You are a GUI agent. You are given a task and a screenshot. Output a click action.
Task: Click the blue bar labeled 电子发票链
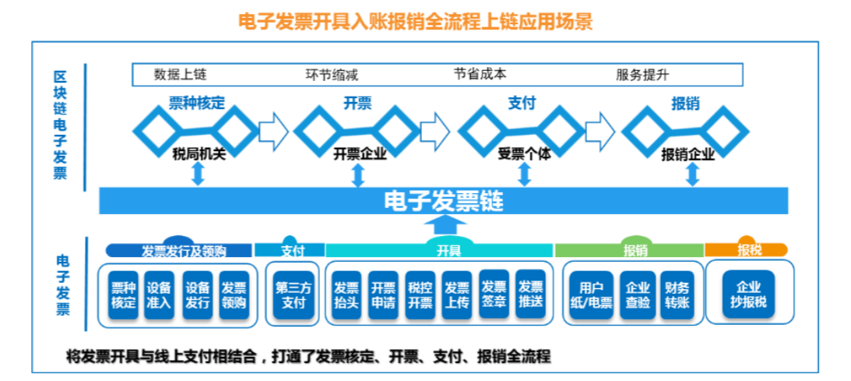coord(444,202)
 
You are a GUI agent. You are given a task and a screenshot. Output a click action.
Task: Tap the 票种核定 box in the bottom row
coord(123,295)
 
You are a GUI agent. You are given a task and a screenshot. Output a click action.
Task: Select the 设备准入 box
coord(160,295)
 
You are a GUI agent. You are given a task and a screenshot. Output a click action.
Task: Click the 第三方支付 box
coord(294,295)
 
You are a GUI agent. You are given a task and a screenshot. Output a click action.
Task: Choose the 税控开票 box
coord(420,295)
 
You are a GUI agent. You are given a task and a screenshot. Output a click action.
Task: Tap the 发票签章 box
coord(494,295)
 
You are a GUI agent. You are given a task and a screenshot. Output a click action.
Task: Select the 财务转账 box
coord(677,295)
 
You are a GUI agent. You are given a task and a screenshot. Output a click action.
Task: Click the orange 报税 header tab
coord(747,250)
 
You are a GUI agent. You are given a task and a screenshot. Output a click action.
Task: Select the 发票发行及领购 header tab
coord(180,250)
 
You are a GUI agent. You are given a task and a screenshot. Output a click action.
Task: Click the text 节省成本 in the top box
coord(480,74)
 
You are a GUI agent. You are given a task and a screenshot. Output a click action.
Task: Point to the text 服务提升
coord(642,75)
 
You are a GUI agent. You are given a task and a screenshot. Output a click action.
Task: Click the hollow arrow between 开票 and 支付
coord(433,128)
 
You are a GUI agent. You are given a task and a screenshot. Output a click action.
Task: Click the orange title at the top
coord(416,21)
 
